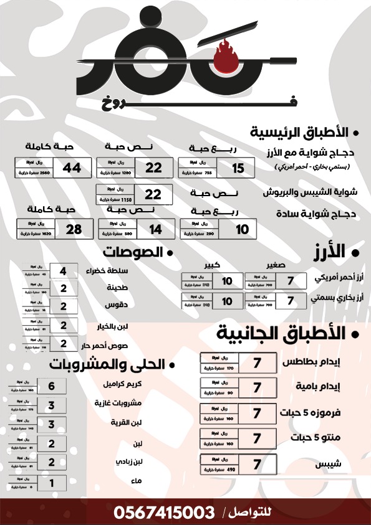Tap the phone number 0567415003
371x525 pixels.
pyautogui.click(x=164, y=513)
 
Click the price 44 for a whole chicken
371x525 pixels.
pyautogui.click(x=72, y=168)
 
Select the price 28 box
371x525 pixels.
pyautogui.click(x=74, y=229)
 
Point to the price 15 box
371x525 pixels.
pyautogui.click(x=238, y=168)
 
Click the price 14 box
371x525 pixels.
pyautogui.click(x=155, y=230)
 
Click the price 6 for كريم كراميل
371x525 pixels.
pyautogui.click(x=52, y=386)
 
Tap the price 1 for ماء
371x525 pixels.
pyautogui.click(x=52, y=482)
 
